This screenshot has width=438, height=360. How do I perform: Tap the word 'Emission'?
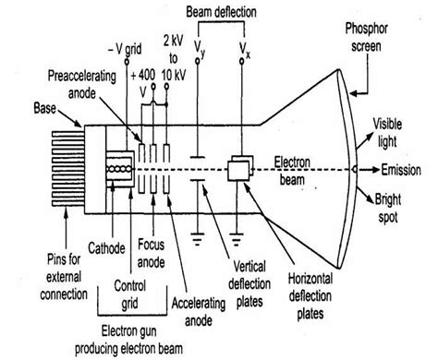tap(409, 172)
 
